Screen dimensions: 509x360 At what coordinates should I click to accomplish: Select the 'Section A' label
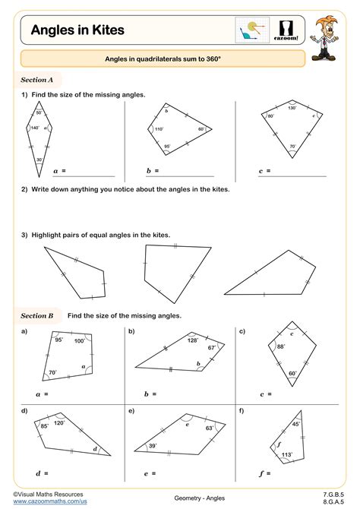pos(37,79)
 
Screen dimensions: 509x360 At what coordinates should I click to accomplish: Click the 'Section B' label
pos(37,315)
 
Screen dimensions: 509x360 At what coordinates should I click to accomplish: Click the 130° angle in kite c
pos(292,108)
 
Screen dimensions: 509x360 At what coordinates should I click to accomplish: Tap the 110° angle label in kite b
pos(159,129)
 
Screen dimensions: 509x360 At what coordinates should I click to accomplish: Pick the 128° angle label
pos(194,340)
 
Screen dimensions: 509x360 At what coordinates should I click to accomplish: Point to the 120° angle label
pos(58,422)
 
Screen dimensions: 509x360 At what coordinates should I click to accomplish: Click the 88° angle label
pos(280,347)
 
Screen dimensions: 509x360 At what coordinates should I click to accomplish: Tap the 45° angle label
pos(296,425)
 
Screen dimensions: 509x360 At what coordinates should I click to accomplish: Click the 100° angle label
pos(79,341)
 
